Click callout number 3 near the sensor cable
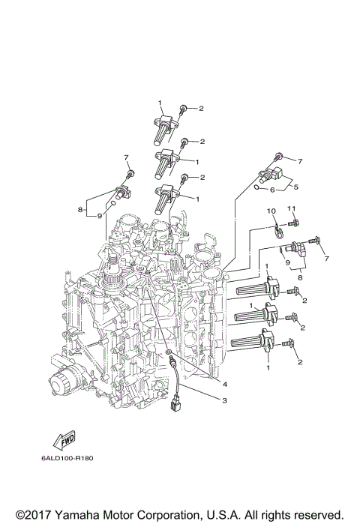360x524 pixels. (223, 401)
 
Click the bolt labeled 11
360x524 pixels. (293, 222)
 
